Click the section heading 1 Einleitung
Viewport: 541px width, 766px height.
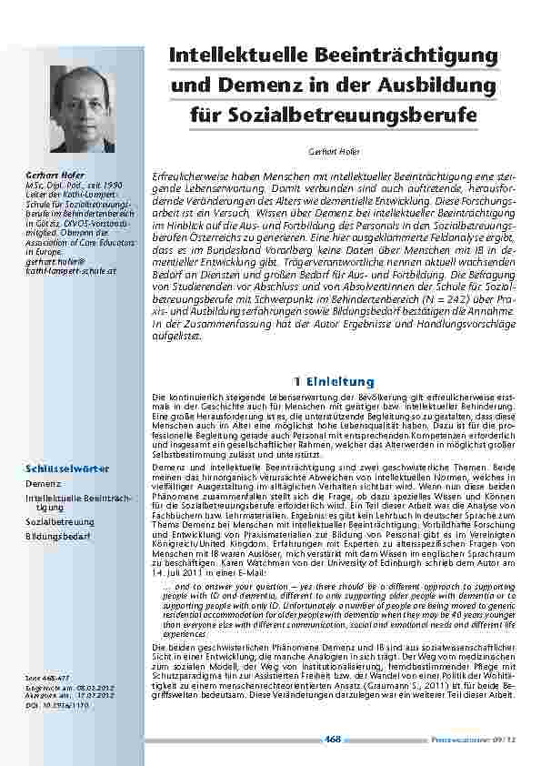(334, 380)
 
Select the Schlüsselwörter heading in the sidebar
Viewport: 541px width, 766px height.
(67, 468)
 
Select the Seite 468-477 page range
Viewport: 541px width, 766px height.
(46, 678)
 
